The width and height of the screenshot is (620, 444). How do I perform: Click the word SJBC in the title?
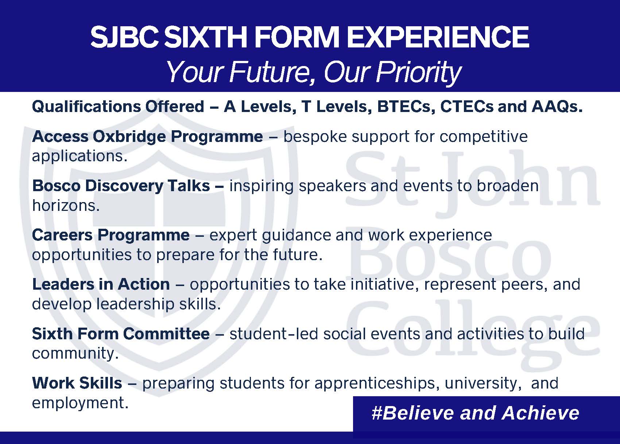point(125,37)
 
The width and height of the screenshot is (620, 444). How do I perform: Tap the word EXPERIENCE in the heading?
point(438,37)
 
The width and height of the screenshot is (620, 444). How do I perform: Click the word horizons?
point(66,206)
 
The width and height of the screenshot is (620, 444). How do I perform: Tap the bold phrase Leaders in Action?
point(101,284)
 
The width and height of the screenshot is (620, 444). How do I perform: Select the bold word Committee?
point(166,333)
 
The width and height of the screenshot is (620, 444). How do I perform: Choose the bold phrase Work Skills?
point(77,383)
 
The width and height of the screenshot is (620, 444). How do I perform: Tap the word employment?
point(80,404)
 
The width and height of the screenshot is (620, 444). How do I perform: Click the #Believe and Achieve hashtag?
point(475,413)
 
